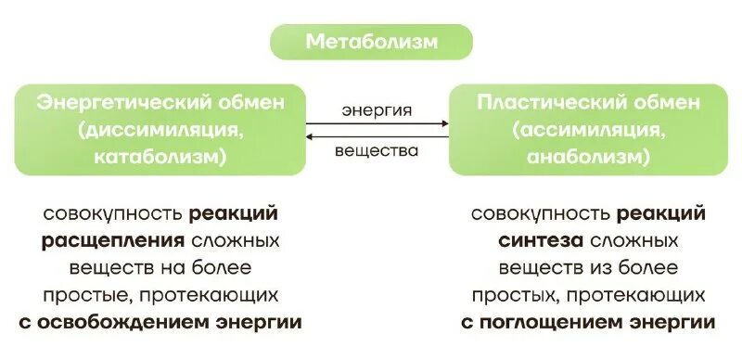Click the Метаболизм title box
371,43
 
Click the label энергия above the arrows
376,109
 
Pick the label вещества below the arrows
376,150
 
